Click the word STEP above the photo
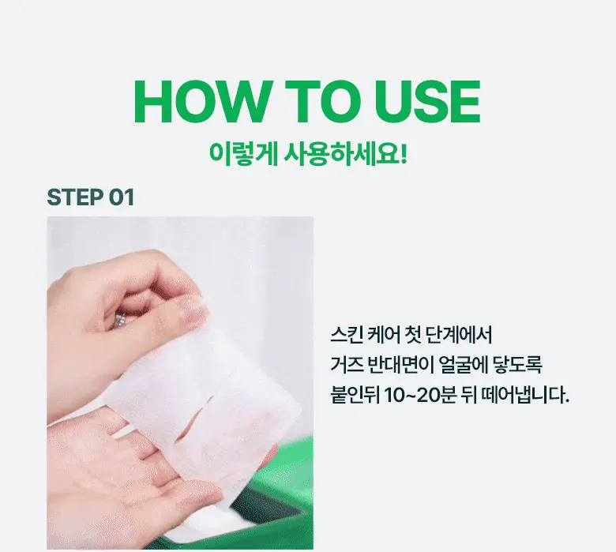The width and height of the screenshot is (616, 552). coord(75,197)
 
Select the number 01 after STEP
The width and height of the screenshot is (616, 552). coord(121,197)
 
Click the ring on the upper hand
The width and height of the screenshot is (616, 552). coord(120,320)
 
